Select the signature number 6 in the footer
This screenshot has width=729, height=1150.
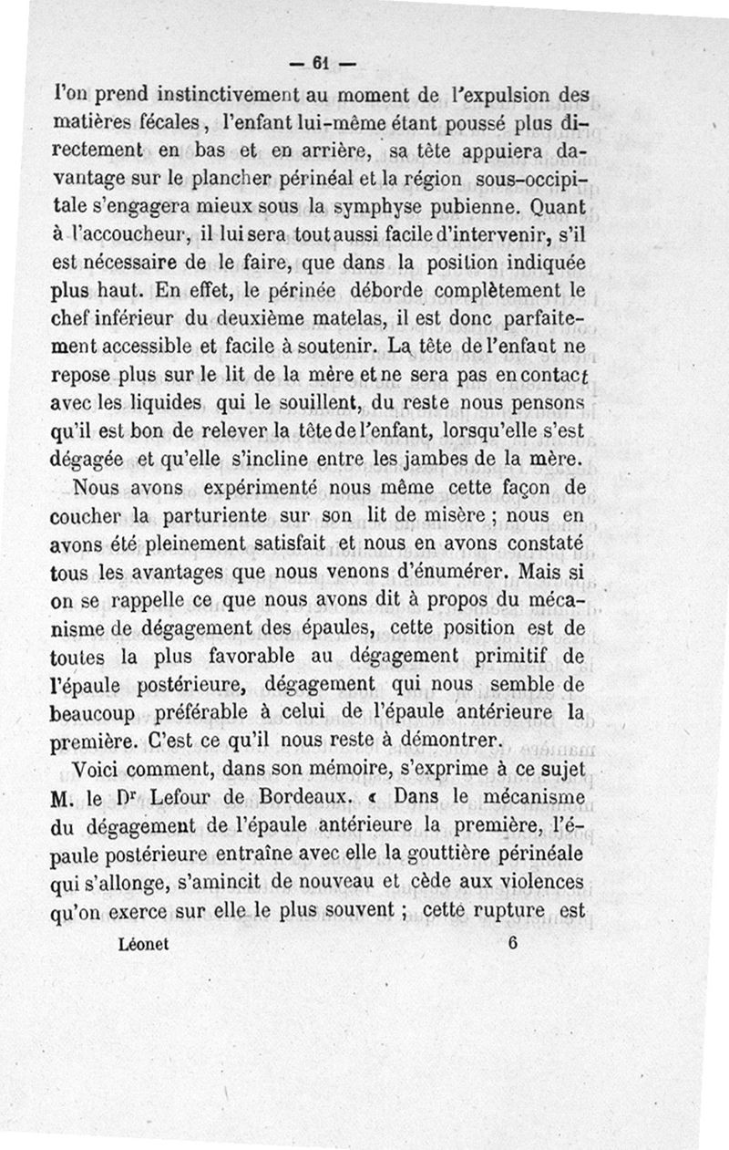click(513, 945)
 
